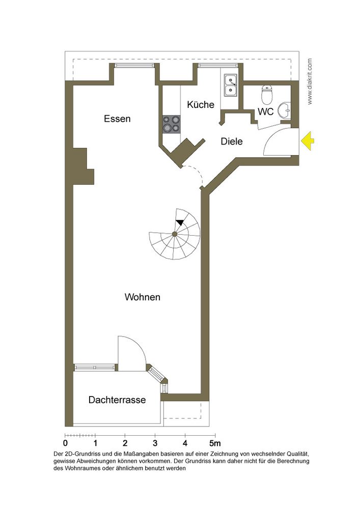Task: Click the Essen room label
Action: pyautogui.click(x=117, y=119)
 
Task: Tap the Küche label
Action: pyautogui.click(x=201, y=104)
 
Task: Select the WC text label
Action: pyautogui.click(x=265, y=111)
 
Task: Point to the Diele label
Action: pyautogui.click(x=232, y=142)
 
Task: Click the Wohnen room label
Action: pyautogui.click(x=143, y=297)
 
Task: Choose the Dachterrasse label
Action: pyautogui.click(x=117, y=400)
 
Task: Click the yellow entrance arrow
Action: pyautogui.click(x=308, y=141)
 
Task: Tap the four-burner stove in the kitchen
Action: pyautogui.click(x=172, y=124)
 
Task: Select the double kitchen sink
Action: pyautogui.click(x=231, y=85)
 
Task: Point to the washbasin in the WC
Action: pyautogui.click(x=285, y=110)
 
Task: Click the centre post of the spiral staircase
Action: pyautogui.click(x=175, y=234)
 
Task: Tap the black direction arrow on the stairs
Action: pyautogui.click(x=180, y=222)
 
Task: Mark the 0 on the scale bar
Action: pyautogui.click(x=65, y=443)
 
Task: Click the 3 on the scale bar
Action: pyautogui.click(x=155, y=443)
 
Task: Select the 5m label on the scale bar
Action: pyautogui.click(x=214, y=443)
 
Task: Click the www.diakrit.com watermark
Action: pyautogui.click(x=310, y=81)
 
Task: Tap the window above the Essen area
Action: pyautogui.click(x=134, y=65)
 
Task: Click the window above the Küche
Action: pyautogui.click(x=218, y=65)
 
